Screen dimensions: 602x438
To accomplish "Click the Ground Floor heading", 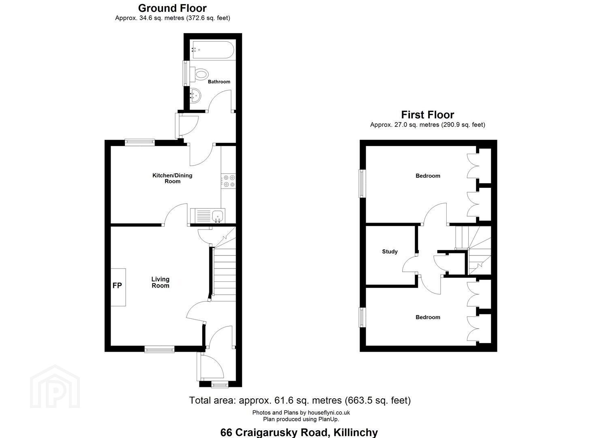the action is coord(172,9).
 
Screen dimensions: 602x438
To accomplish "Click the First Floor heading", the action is coord(428,115).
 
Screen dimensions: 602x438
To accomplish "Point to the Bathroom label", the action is coord(219,82).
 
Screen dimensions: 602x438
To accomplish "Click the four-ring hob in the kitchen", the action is coord(229,181).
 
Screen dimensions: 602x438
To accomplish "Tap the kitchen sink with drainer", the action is coord(208,216).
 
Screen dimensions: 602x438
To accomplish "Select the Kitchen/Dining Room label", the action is coord(172,178).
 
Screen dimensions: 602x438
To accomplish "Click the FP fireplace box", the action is coord(118,287).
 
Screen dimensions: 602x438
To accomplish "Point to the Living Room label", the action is coord(161,282).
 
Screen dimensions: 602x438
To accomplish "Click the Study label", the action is coord(390,252).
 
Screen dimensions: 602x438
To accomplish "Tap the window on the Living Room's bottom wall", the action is coord(159,349).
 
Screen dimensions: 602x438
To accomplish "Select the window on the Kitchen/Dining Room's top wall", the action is coord(140,142).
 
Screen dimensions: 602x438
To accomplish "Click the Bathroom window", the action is coord(185,73).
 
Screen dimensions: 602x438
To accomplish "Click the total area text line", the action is coord(300,400).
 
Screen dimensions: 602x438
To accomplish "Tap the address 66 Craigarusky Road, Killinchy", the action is coord(299,432).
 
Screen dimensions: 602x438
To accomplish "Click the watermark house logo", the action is coord(55,386).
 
